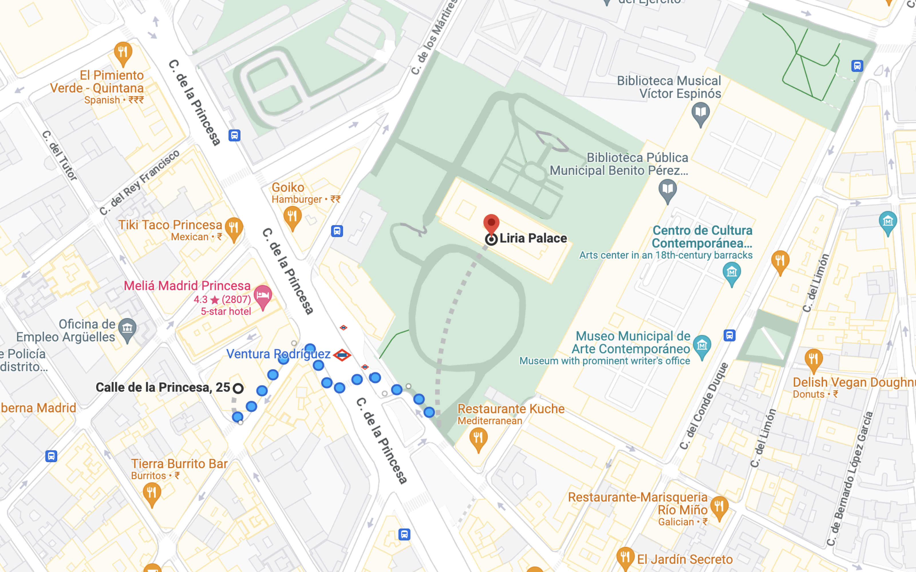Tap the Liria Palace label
click(x=533, y=238)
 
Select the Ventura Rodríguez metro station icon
click(x=342, y=355)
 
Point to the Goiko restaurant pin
click(x=292, y=217)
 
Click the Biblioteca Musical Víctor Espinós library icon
click(x=700, y=113)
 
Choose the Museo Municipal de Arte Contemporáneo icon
click(x=702, y=346)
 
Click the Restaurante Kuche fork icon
click(x=478, y=438)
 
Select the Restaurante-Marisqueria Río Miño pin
click(x=719, y=507)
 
